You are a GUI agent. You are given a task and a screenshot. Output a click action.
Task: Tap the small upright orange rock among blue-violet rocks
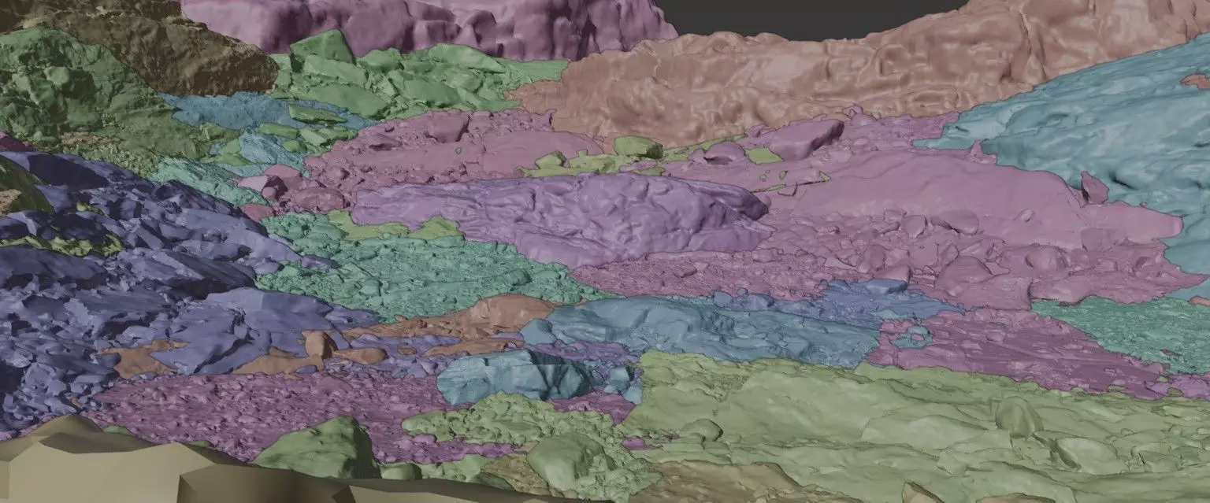tap(317, 343)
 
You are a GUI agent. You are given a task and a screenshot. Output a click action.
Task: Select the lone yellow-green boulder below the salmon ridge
tap(637, 146)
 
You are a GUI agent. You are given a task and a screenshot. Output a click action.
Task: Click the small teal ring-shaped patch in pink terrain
tap(914, 336)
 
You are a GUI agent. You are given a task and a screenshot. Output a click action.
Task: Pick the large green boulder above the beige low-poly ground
tap(319, 449)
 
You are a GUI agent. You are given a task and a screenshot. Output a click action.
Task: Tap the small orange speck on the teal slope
tap(1194, 80)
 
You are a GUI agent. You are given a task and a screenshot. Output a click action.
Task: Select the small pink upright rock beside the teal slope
tap(1093, 187)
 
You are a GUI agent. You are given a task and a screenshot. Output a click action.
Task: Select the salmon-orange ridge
tap(788, 79)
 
